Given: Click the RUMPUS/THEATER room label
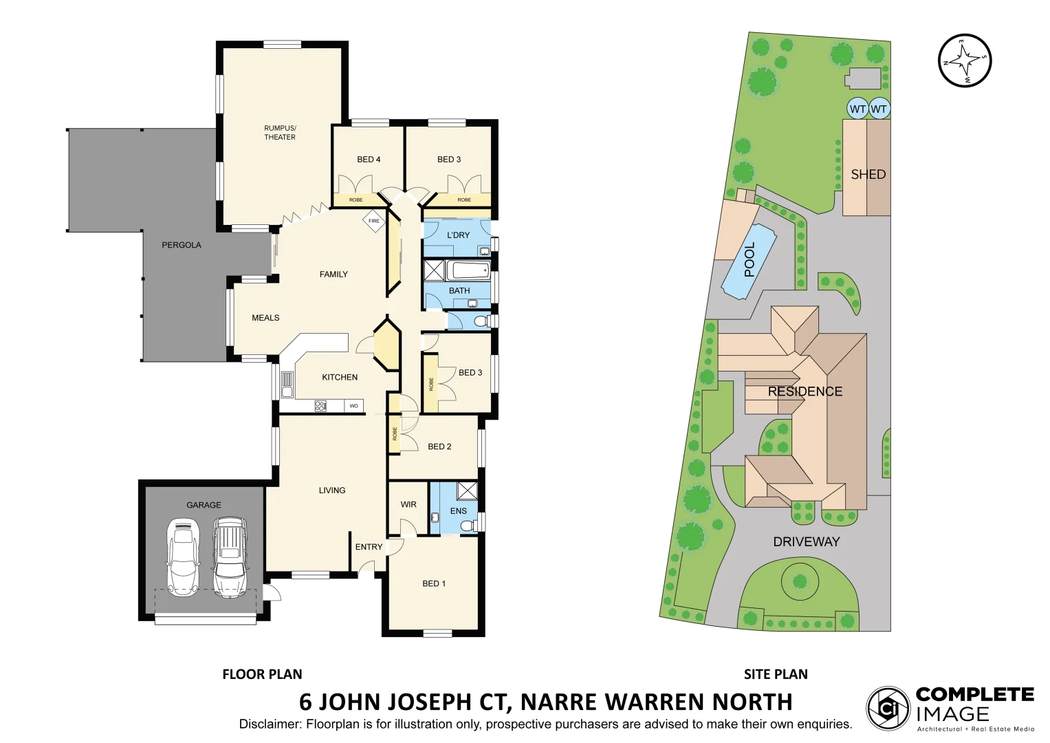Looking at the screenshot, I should click(280, 132).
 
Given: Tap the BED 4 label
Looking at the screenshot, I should click(369, 160).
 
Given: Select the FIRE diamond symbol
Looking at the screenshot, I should click(374, 221).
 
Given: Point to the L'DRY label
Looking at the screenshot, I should click(458, 235).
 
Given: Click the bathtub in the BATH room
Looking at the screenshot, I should click(468, 270).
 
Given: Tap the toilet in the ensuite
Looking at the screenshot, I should click(469, 526).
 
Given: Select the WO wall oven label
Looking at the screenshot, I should click(354, 406).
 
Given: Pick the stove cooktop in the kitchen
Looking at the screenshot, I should click(320, 406).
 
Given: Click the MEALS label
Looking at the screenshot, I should click(265, 318).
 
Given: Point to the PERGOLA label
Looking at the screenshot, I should click(182, 245).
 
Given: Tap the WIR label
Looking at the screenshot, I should click(408, 504).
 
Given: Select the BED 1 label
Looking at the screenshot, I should click(434, 583).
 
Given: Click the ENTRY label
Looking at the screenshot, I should click(369, 547).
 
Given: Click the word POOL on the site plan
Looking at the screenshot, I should click(750, 259).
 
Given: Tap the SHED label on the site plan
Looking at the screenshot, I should click(868, 175).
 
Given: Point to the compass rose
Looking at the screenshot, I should click(965, 61).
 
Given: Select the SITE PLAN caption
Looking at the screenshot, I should click(776, 674).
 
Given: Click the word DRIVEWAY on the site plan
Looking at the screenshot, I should click(807, 541).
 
